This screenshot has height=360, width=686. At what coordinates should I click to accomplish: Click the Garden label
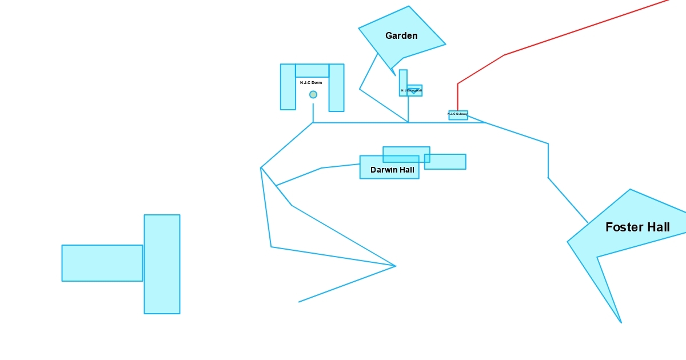[x=401, y=35]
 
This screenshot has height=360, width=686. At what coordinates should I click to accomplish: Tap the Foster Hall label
[x=637, y=227]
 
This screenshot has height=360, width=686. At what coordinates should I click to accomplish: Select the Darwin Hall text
[x=392, y=170]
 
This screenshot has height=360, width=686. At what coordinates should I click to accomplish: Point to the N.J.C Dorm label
[x=311, y=83]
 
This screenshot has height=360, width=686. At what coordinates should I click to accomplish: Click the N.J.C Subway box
[x=458, y=115]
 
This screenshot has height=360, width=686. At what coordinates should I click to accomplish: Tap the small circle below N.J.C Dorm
[x=313, y=94]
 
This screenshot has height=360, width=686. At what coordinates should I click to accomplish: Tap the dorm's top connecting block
[x=312, y=70]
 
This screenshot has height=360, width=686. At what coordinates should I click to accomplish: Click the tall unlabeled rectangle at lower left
[x=162, y=264]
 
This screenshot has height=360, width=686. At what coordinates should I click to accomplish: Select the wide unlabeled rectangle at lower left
[x=102, y=263]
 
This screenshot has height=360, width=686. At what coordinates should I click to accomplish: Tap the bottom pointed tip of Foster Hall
[x=621, y=322]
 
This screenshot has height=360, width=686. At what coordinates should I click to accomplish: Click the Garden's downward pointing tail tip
[x=395, y=75]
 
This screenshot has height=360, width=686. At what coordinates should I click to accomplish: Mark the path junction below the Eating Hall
[x=408, y=122]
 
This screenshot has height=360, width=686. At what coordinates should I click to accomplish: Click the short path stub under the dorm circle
[x=313, y=113]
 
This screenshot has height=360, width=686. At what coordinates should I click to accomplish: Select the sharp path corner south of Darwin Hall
[x=395, y=266]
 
